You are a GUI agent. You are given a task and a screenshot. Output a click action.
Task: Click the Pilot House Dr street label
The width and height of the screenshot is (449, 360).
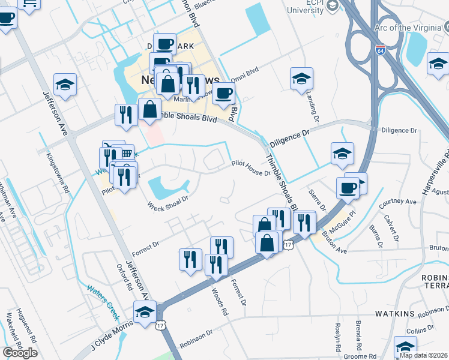pos(252,167)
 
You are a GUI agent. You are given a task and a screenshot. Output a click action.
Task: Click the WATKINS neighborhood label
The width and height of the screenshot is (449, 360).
pos(396,314)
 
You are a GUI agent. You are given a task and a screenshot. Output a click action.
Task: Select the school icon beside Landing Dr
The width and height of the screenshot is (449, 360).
pos(301,79)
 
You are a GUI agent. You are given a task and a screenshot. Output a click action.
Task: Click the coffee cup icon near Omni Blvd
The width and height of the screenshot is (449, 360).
pos(224,94)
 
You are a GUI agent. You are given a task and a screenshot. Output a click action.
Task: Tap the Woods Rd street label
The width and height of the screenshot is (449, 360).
pos(220,301)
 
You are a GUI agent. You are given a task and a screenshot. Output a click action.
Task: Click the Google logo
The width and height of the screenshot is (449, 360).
pos(20,353)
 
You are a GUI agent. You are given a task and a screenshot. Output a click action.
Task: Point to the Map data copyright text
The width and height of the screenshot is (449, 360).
pos(424,355)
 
